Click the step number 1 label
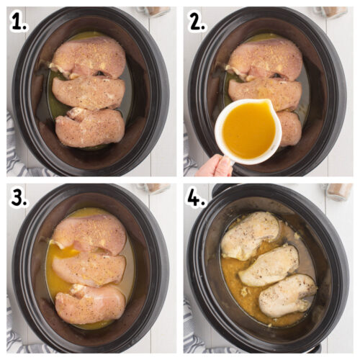tap(19, 23)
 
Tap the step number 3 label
tap(19, 198)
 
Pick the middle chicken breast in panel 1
tap(88, 92)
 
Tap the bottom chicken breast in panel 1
tap(90, 127)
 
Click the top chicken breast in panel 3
tap(89, 234)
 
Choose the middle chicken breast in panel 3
tap(89, 268)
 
